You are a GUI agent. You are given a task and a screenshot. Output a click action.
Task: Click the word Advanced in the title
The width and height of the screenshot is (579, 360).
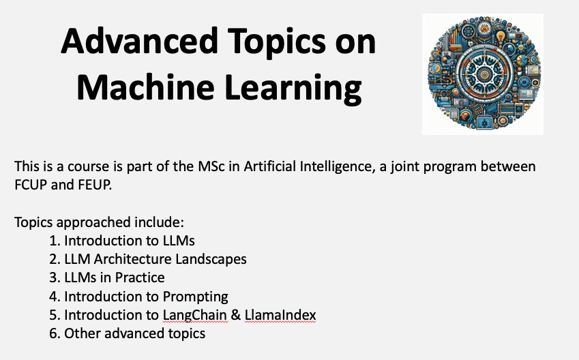(x=140, y=41)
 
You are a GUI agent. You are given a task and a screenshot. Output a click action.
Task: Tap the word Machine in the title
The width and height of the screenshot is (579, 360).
(x=145, y=87)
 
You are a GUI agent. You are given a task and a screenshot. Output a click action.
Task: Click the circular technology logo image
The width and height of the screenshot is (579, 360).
(x=483, y=74)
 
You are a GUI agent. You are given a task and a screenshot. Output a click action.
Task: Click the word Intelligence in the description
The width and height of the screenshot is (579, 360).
(x=337, y=167)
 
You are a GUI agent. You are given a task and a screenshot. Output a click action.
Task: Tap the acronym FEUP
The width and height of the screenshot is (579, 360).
(x=95, y=185)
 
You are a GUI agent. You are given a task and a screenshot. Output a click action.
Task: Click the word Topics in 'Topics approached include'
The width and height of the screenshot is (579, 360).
(x=34, y=223)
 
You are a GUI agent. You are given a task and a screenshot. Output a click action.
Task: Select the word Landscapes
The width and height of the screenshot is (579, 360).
(x=211, y=260)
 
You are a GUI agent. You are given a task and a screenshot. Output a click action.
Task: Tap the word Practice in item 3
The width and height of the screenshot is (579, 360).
(x=140, y=277)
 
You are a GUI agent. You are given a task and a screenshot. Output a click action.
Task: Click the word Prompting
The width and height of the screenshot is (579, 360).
(x=195, y=297)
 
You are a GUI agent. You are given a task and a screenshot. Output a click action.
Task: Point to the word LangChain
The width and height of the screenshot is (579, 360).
(x=195, y=315)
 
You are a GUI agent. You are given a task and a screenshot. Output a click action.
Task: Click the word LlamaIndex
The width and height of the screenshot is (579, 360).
(x=280, y=315)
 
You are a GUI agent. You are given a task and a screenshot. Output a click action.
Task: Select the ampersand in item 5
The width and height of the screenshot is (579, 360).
(x=235, y=315)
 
